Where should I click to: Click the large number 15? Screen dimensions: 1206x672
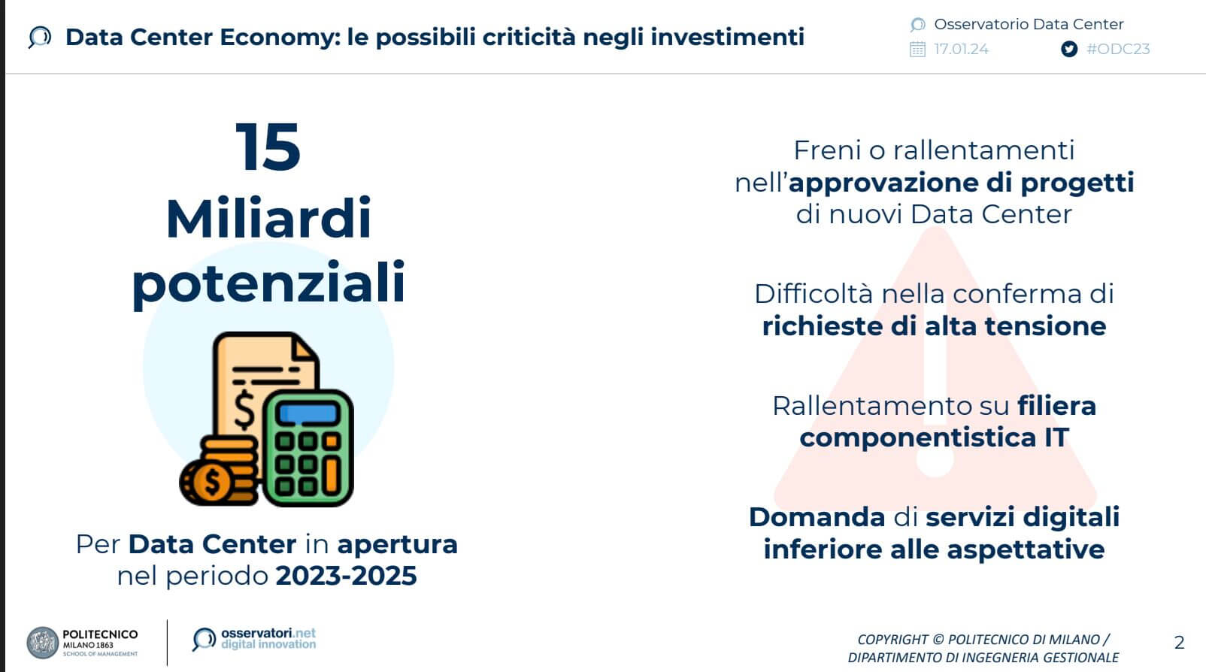point(268,147)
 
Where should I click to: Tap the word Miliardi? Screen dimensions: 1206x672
point(268,218)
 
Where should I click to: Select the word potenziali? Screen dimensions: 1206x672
point(268,283)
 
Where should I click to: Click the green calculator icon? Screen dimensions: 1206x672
point(308,448)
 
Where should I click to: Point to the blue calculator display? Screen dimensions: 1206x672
point(308,413)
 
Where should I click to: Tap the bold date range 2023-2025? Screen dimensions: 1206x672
point(346,576)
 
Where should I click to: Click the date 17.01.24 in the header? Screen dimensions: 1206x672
point(961,49)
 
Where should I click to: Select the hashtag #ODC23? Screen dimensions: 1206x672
point(1118,49)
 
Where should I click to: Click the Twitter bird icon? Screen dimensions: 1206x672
point(1069,49)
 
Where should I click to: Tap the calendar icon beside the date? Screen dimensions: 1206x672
point(917,50)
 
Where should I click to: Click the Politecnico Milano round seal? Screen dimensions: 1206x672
point(43,643)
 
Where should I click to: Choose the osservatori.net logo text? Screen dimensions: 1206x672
point(268,639)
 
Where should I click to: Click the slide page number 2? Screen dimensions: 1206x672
point(1179,643)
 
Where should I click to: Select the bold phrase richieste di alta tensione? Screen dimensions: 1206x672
point(934,326)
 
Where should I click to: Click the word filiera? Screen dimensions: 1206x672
point(1056,405)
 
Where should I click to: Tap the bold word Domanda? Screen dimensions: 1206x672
point(817,517)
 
